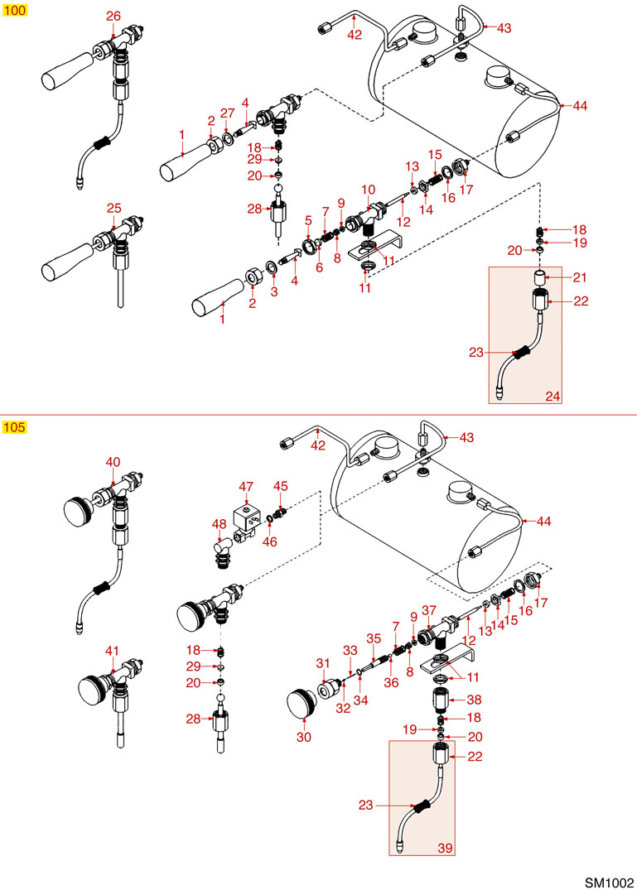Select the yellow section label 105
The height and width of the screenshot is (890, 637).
tap(15, 427)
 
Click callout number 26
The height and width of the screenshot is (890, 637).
tap(113, 16)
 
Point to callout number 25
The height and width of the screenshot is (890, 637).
tap(113, 207)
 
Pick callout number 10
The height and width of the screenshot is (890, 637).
tap(369, 190)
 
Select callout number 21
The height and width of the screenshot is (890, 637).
tap(580, 276)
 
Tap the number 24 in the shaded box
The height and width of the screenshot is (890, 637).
tap(553, 396)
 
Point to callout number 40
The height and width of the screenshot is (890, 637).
tap(113, 462)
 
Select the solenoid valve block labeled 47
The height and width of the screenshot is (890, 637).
tap(246, 517)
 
